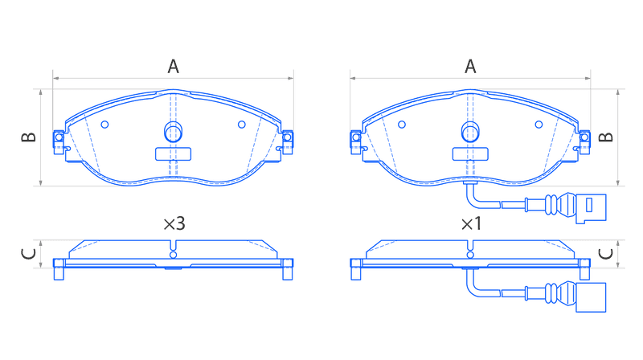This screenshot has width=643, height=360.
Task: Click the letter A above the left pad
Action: pyautogui.click(x=173, y=67)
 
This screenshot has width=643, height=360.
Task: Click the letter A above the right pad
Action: pyautogui.click(x=470, y=67)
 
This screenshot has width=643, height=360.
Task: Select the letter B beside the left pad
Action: pyautogui.click(x=29, y=137)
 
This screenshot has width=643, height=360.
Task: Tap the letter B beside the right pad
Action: pyautogui.click(x=606, y=137)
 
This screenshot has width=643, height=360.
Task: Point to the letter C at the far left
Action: pyautogui.click(x=28, y=254)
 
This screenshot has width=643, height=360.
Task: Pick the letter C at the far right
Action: pyautogui.click(x=606, y=254)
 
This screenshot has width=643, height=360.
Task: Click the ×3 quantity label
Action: pyautogui.click(x=174, y=224)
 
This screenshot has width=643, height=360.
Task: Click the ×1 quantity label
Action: pyautogui.click(x=471, y=224)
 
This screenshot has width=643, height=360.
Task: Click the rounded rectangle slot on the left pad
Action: pyautogui.click(x=173, y=154)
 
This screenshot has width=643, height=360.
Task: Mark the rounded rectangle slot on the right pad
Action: pyautogui.click(x=470, y=154)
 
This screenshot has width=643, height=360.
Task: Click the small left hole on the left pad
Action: pyautogui.click(x=104, y=125)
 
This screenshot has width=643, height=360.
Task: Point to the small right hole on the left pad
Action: pyautogui.click(x=242, y=125)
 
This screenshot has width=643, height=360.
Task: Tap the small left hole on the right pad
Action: pyautogui.click(x=402, y=125)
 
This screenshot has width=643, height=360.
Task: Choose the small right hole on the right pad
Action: pyautogui.click(x=539, y=125)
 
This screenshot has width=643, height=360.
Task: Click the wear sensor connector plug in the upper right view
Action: pyautogui.click(x=591, y=208)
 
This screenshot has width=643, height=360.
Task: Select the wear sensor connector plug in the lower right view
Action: pyautogui.click(x=591, y=297)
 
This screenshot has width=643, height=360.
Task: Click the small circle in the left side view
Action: pyautogui.click(x=173, y=255)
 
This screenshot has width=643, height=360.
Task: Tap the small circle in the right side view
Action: pyautogui.click(x=470, y=255)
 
